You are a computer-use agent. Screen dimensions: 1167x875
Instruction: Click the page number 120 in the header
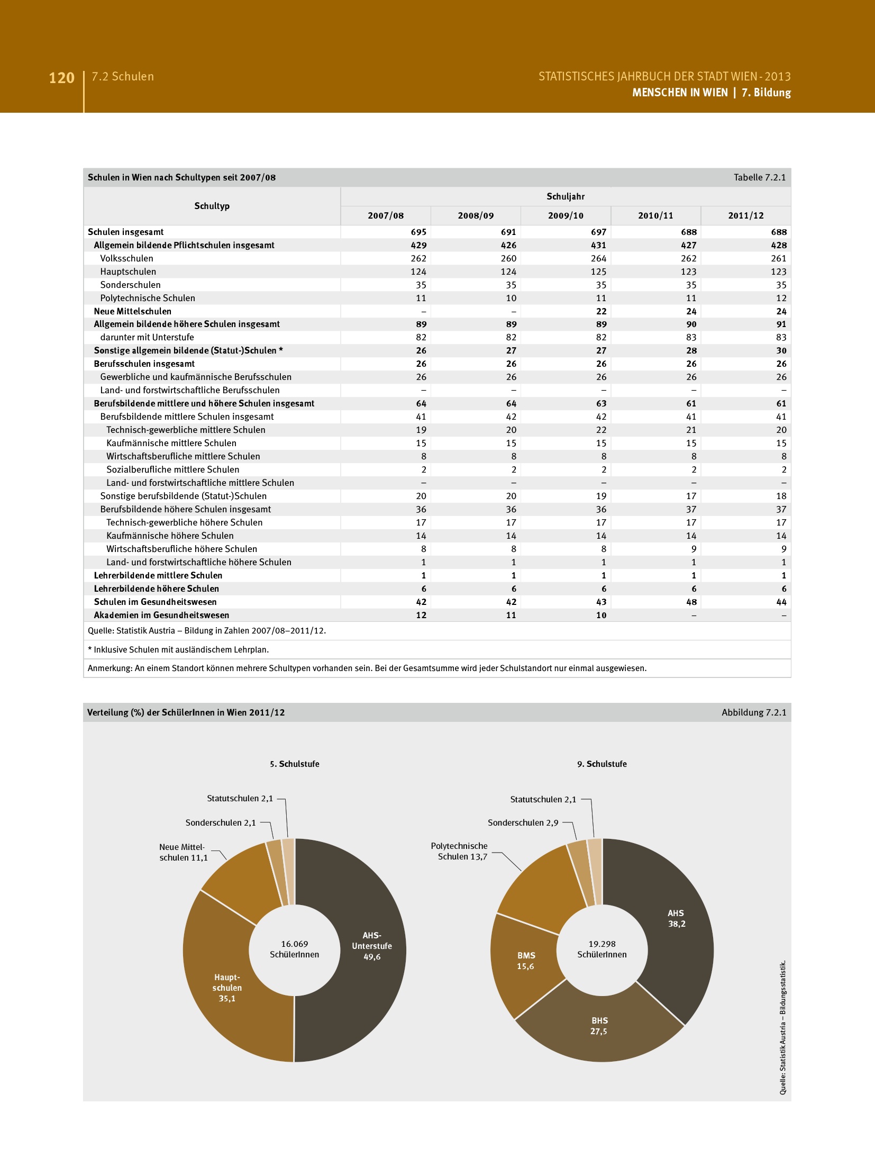pyautogui.click(x=61, y=78)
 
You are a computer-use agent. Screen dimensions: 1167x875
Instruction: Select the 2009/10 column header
pyautogui.click(x=566, y=215)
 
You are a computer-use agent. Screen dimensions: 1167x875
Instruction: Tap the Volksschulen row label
pyautogui.click(x=127, y=258)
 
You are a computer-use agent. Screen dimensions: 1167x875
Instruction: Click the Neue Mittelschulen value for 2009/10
pyautogui.click(x=601, y=311)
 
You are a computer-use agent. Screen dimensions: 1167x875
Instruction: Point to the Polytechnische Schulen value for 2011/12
pyautogui.click(x=781, y=298)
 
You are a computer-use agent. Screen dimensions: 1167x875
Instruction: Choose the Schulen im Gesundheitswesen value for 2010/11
pyautogui.click(x=691, y=602)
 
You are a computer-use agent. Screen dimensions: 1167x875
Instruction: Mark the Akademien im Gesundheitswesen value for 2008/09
pyautogui.click(x=511, y=615)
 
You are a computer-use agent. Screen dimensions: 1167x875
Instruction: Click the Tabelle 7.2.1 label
pyautogui.click(x=759, y=177)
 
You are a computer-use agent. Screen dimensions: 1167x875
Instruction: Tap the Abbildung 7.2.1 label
pyautogui.click(x=753, y=712)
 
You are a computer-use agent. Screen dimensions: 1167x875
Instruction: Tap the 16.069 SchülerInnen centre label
pyautogui.click(x=295, y=949)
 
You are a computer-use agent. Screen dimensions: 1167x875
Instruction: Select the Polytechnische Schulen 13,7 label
pyautogui.click(x=459, y=851)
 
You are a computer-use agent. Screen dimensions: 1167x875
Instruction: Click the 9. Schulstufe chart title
pyautogui.click(x=601, y=764)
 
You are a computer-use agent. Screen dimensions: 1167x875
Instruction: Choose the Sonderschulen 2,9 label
pyautogui.click(x=523, y=822)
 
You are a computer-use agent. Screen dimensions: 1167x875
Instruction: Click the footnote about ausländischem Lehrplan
pyautogui.click(x=178, y=649)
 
